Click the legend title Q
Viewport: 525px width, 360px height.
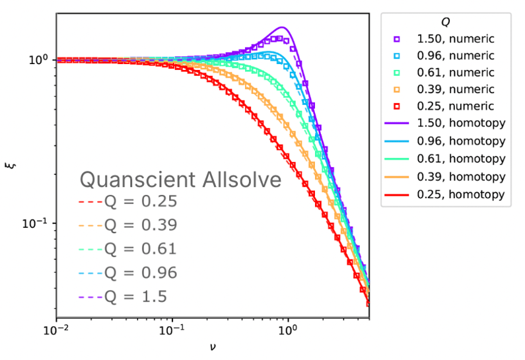[x=446, y=22]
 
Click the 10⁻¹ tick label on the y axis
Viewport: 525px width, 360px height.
[x=37, y=223]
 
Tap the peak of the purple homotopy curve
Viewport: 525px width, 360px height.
[x=283, y=27]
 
